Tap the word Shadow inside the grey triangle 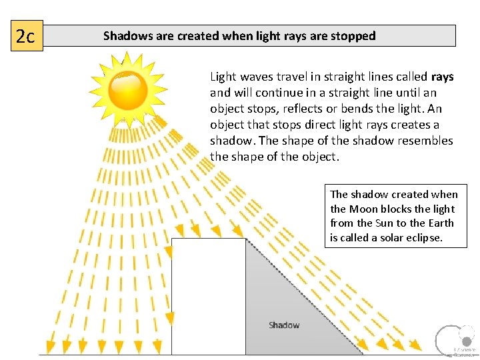tap(284, 325)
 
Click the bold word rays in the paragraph tap(442, 77)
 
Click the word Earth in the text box tap(441, 223)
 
